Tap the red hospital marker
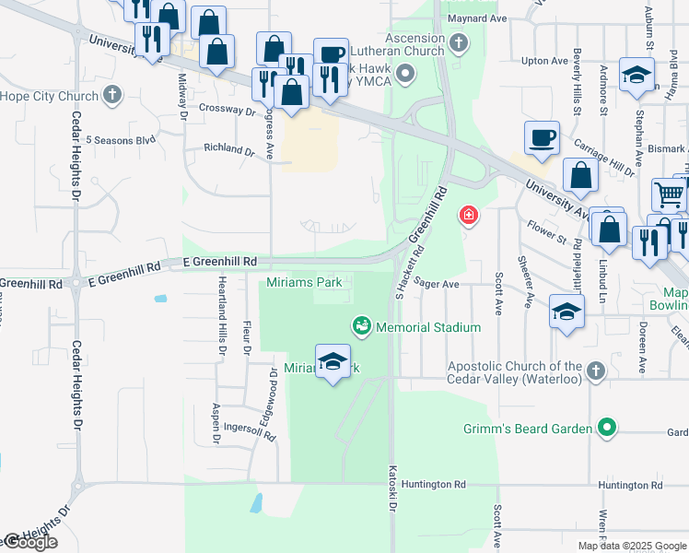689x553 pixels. pos(469,216)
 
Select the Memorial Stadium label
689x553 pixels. pos(428,327)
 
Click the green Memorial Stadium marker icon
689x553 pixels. pos(362,326)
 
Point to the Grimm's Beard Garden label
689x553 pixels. pos(528,428)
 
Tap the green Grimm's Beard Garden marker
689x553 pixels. pos(606,428)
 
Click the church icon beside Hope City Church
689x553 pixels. pos(111,95)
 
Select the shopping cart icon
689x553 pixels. pos(669,194)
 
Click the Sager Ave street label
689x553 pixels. pos(436,284)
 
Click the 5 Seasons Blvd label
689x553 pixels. pos(121,140)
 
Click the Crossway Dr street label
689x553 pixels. pos(227,109)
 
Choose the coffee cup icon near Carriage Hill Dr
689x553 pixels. pos(542,137)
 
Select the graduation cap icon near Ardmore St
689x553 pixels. pos(636,76)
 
